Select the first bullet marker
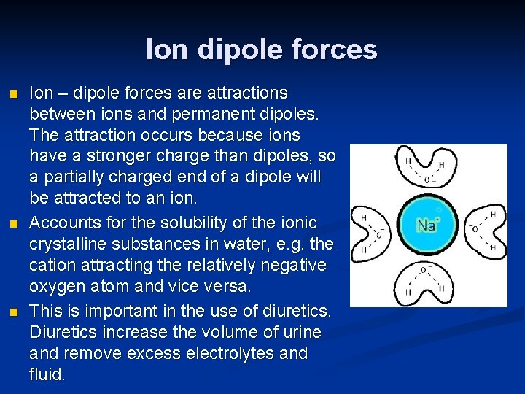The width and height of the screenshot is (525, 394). coord(10,94)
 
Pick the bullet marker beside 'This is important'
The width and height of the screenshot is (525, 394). coord(10,312)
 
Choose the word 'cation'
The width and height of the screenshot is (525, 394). coord(51,264)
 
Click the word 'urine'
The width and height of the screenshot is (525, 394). coord(300,332)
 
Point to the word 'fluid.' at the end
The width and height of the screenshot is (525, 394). coord(47,374)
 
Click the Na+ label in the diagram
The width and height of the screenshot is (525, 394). coord(427,225)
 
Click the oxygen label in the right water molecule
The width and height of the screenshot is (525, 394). coord(475,230)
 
